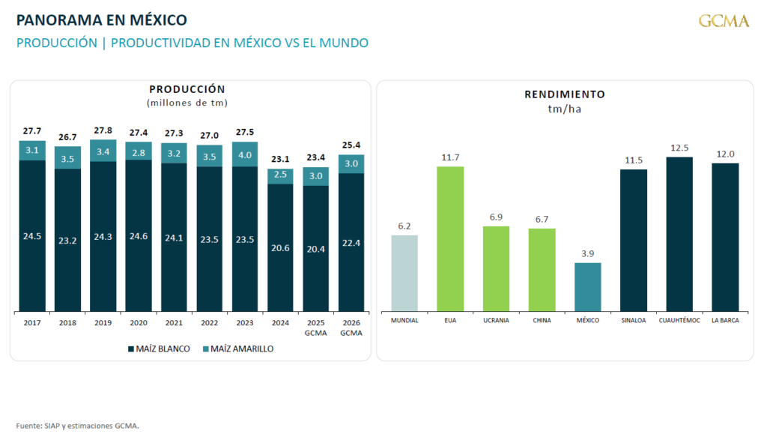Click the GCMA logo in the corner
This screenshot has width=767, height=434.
coord(724,21)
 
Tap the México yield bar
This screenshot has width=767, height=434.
coord(587,287)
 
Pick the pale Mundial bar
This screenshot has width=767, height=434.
coord(404,273)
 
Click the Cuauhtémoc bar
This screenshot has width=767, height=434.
coord(679,234)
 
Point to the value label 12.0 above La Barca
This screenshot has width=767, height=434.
coord(725,154)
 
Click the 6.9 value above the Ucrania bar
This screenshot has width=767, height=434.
coord(496,217)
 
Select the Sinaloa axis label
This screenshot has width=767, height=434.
coord(634,320)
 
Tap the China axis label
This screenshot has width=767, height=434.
coord(542,320)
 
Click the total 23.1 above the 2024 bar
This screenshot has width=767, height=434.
coord(280,159)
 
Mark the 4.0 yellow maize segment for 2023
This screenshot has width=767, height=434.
coord(245,154)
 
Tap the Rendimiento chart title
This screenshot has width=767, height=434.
coord(565,94)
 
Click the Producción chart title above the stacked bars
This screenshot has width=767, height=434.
coord(187,89)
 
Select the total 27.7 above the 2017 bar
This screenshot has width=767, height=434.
coord(32,131)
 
